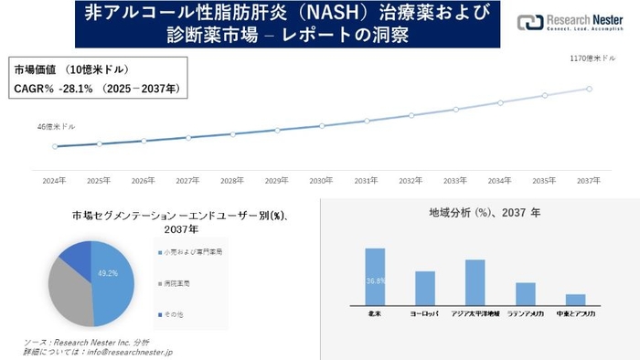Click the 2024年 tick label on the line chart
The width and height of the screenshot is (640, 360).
(x=55, y=180)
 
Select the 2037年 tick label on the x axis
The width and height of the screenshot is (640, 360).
(x=589, y=180)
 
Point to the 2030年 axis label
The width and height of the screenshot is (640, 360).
(x=321, y=180)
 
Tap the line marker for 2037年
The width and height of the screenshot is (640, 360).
(x=589, y=89)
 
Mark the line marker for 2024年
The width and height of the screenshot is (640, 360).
(x=55, y=146)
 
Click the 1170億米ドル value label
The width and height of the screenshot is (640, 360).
(x=592, y=58)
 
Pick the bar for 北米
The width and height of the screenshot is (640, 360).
(x=375, y=276)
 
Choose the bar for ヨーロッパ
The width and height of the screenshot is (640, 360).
(x=424, y=288)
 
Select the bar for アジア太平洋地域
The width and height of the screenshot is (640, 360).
(x=475, y=281)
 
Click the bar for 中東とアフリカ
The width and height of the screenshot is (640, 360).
(x=575, y=299)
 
